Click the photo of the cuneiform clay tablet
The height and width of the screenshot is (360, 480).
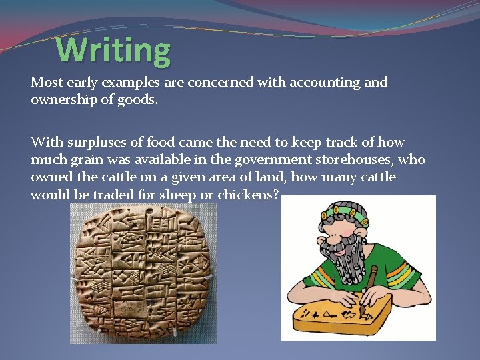click(143, 273)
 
